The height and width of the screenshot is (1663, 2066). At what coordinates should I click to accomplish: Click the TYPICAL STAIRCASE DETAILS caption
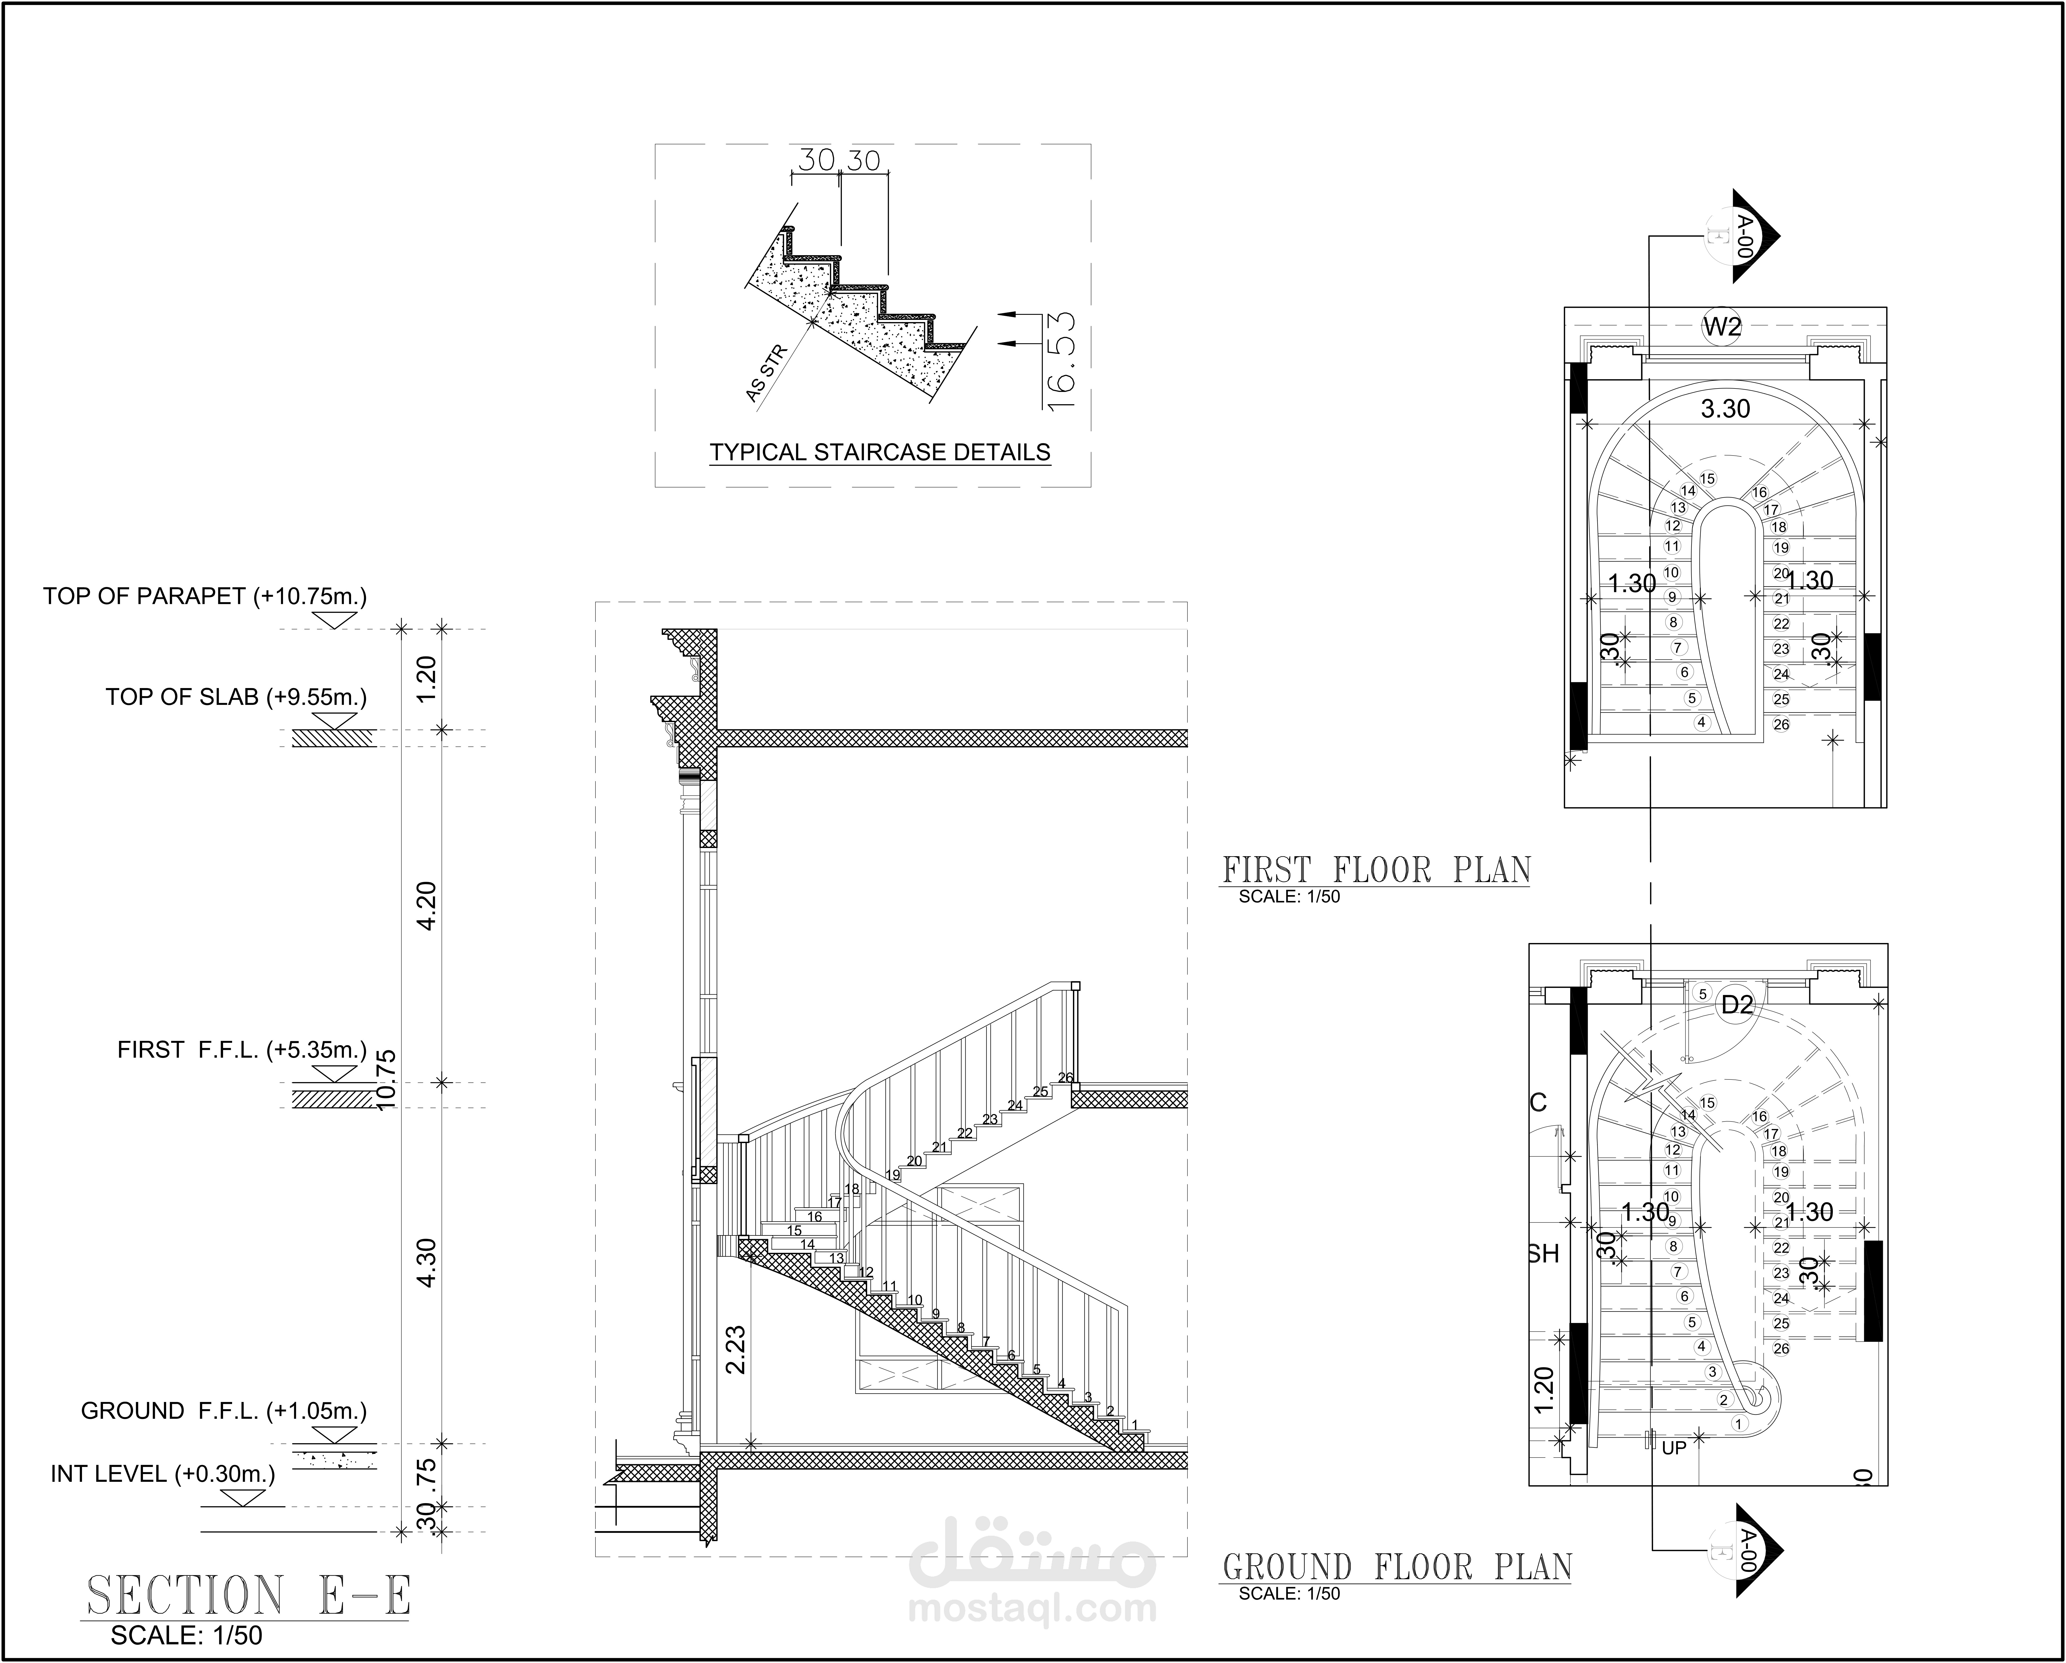click(880, 452)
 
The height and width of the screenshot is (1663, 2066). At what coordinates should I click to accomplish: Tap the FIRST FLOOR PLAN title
click(1376, 870)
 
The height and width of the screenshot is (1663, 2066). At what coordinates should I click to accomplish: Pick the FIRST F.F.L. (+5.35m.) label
click(241, 1050)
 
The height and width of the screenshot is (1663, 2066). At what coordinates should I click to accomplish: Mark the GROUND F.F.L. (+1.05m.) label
click(223, 1411)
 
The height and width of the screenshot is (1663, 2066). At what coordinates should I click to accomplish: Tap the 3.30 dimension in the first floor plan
click(1725, 409)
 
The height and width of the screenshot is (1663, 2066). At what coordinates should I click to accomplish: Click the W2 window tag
click(1722, 327)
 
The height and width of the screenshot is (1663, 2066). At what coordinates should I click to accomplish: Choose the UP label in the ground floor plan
click(1674, 1449)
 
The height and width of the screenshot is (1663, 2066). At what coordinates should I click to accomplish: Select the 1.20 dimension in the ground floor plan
click(1543, 1390)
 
